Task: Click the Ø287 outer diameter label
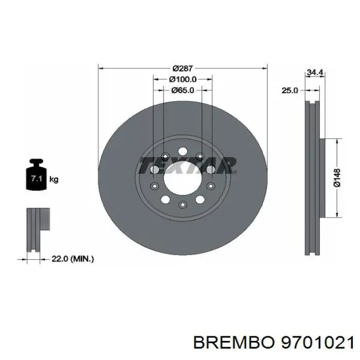[183, 68]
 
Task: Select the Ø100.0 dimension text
[183, 80]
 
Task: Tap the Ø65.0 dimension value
[183, 91]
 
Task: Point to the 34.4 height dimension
[314, 73]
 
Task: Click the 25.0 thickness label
[290, 91]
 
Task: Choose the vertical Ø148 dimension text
[336, 176]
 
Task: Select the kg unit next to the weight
[54, 179]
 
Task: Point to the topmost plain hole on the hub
[182, 151]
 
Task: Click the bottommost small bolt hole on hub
[182, 205]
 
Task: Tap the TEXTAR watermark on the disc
[188, 166]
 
